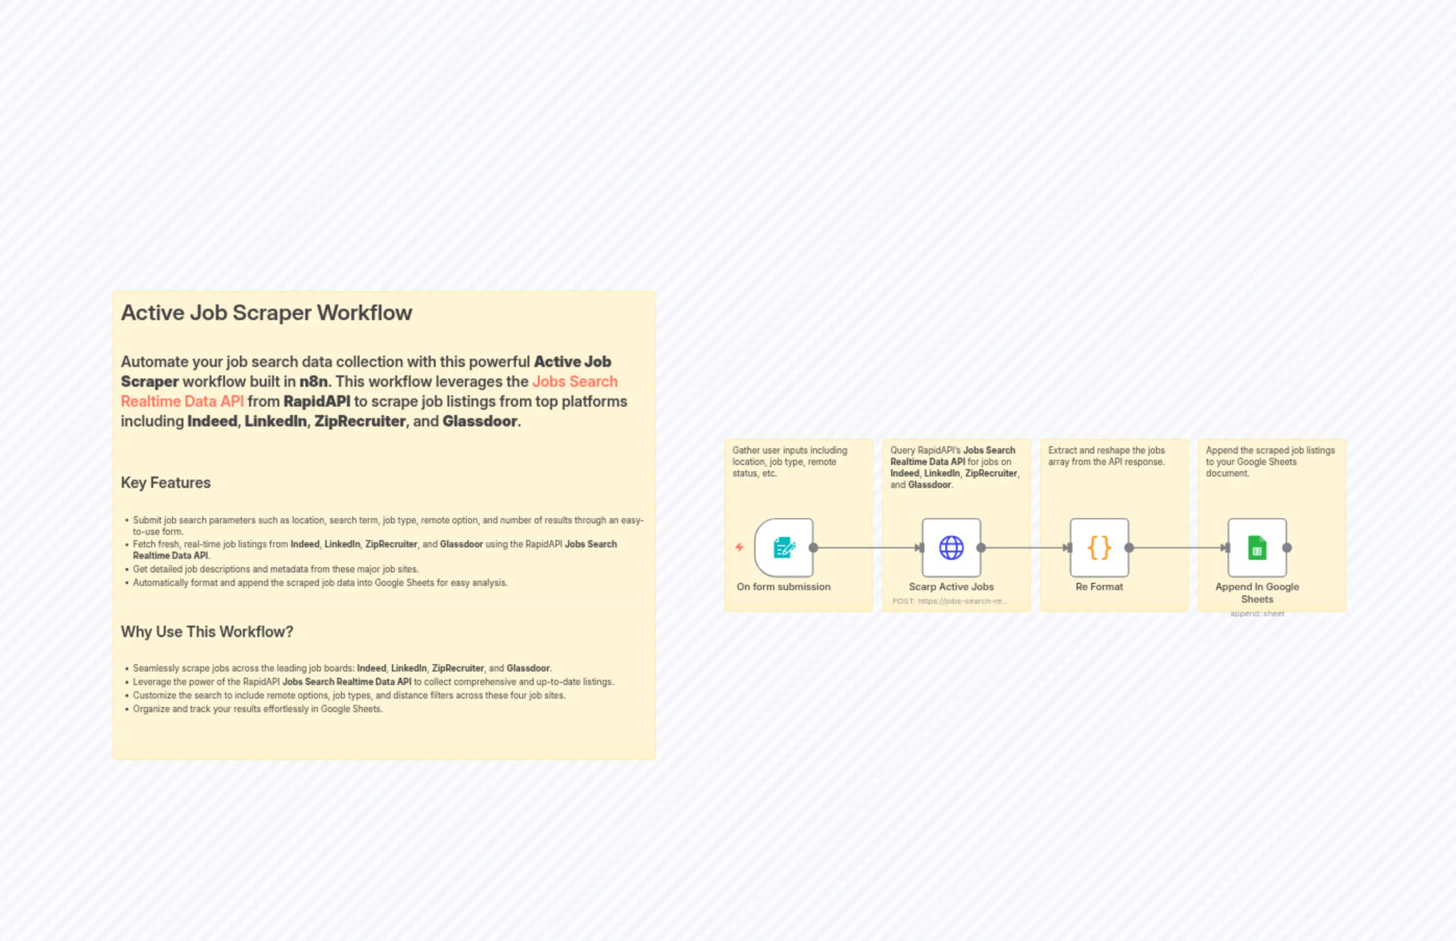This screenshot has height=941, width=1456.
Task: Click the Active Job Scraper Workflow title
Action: coord(266,313)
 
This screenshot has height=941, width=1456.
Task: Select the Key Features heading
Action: coord(166,483)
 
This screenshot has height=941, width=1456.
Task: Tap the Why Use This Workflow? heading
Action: coord(207,632)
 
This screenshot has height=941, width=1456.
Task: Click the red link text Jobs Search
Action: coord(575,381)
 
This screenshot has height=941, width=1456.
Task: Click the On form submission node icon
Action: coord(784,547)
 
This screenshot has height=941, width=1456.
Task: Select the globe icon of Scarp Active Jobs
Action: coord(952,547)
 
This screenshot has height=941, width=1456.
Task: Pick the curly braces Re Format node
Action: coord(1099,547)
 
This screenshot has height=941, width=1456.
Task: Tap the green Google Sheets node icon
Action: coord(1257,547)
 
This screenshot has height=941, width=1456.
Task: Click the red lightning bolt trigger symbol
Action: coord(739,547)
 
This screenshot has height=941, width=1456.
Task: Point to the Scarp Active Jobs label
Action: coord(951,586)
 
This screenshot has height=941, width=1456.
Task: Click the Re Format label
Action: coord(1099,586)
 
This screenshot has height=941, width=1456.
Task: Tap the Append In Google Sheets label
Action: coord(1257,593)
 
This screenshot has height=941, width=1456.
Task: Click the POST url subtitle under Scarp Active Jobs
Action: coord(951,601)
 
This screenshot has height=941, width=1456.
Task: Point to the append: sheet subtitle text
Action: coord(1257,614)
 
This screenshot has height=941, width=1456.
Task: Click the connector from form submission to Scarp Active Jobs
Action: coord(867,547)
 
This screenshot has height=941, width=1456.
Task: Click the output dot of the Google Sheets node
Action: coord(1287,547)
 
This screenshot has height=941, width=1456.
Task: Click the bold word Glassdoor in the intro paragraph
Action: coord(480,421)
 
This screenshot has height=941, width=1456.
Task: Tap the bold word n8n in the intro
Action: coord(313,381)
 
